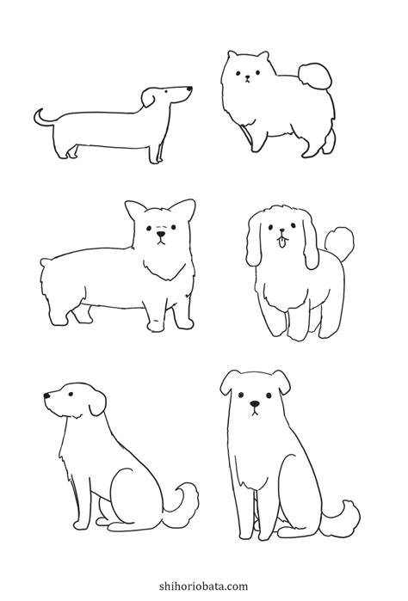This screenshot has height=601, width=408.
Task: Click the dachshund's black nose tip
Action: [x=189, y=89]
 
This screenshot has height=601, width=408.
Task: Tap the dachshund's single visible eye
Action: [x=166, y=91]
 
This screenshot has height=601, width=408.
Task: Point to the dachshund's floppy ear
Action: [x=148, y=97]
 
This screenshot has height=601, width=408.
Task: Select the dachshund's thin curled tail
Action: [x=44, y=117]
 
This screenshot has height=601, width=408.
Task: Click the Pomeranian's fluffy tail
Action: [x=315, y=76]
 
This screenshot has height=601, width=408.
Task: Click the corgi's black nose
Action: [x=161, y=233]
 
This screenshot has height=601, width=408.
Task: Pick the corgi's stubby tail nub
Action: [x=46, y=262]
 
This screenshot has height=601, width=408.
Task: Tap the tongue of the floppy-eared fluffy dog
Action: [x=282, y=242]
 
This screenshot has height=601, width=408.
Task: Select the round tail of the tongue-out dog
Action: [x=339, y=241]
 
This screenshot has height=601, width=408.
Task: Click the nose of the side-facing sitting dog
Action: [x=46, y=396]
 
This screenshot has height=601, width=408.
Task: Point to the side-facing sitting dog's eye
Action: [x=71, y=394]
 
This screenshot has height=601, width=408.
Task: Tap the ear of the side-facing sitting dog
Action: [x=97, y=403]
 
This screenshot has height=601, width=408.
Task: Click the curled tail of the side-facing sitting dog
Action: [x=182, y=502]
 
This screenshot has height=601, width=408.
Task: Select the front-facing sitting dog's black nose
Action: [x=255, y=404]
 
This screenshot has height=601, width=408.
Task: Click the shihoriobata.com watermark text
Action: [x=204, y=586]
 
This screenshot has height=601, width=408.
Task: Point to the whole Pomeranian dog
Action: [x=278, y=103]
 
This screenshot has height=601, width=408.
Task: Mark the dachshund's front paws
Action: [x=156, y=155]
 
